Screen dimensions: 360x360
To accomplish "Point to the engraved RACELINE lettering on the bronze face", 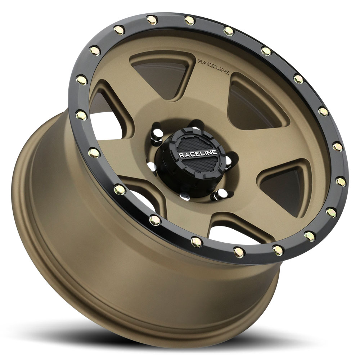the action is (213, 67).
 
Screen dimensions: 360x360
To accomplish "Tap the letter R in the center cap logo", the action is (181, 156).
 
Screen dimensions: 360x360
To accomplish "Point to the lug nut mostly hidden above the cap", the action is (195, 127).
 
